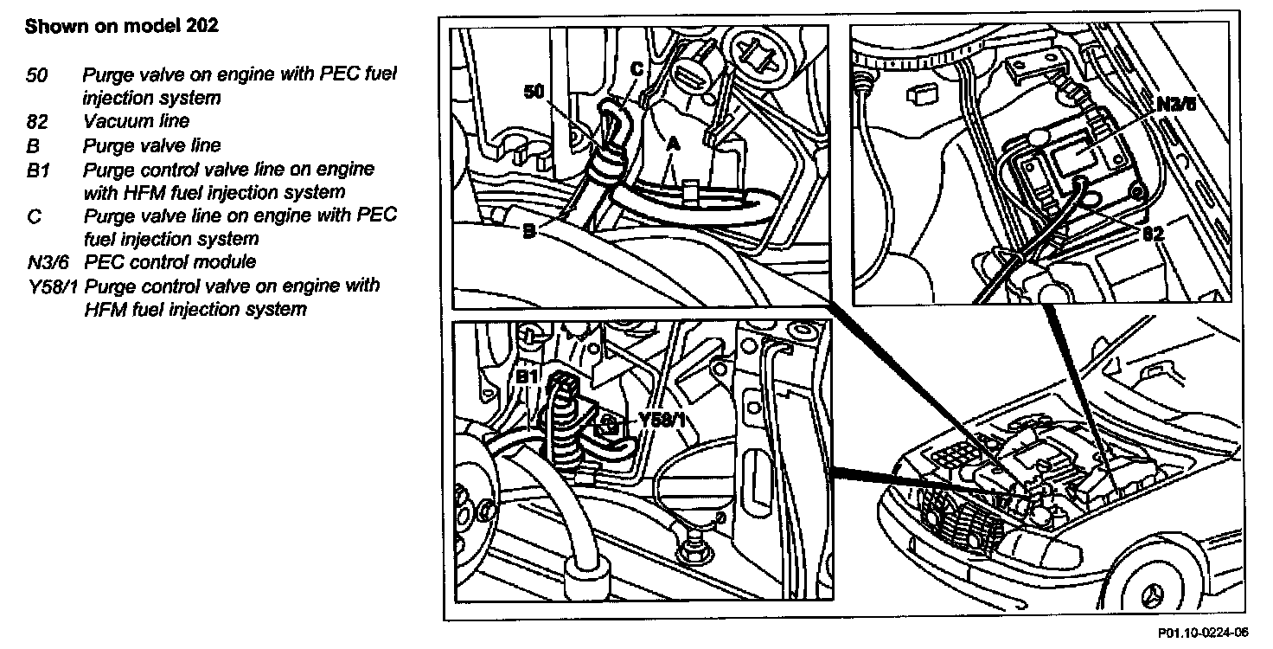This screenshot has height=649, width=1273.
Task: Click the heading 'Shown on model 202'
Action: click(x=121, y=26)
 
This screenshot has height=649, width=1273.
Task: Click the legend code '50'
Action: click(x=36, y=74)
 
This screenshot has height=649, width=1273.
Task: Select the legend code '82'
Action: click(x=36, y=122)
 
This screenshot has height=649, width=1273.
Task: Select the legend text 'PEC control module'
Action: click(x=170, y=262)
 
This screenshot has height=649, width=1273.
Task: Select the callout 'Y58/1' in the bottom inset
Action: click(x=662, y=420)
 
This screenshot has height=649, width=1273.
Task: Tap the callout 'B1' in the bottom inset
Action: click(x=527, y=377)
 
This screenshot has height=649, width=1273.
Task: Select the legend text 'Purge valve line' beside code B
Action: click(x=151, y=145)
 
